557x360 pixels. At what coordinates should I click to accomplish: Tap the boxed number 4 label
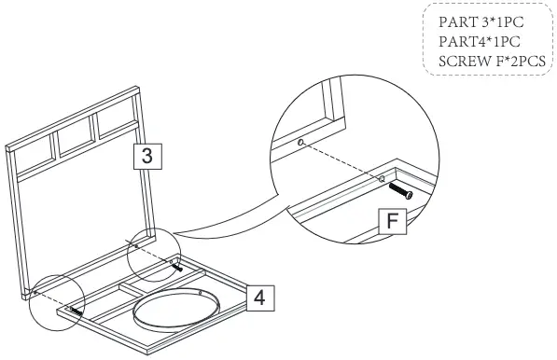pyautogui.click(x=261, y=297)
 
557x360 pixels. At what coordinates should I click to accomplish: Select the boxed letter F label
pyautogui.click(x=395, y=220)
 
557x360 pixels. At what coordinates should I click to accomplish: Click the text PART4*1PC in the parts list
pyautogui.click(x=479, y=42)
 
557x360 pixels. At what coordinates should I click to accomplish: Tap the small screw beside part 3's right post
pyautogui.click(x=174, y=265)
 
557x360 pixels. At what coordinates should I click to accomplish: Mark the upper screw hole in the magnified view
pyautogui.click(x=300, y=144)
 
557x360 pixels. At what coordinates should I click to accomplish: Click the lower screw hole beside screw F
pyautogui.click(x=383, y=177)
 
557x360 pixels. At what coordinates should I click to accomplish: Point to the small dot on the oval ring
pyautogui.click(x=200, y=291)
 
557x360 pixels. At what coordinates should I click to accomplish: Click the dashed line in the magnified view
pyautogui.click(x=341, y=159)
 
